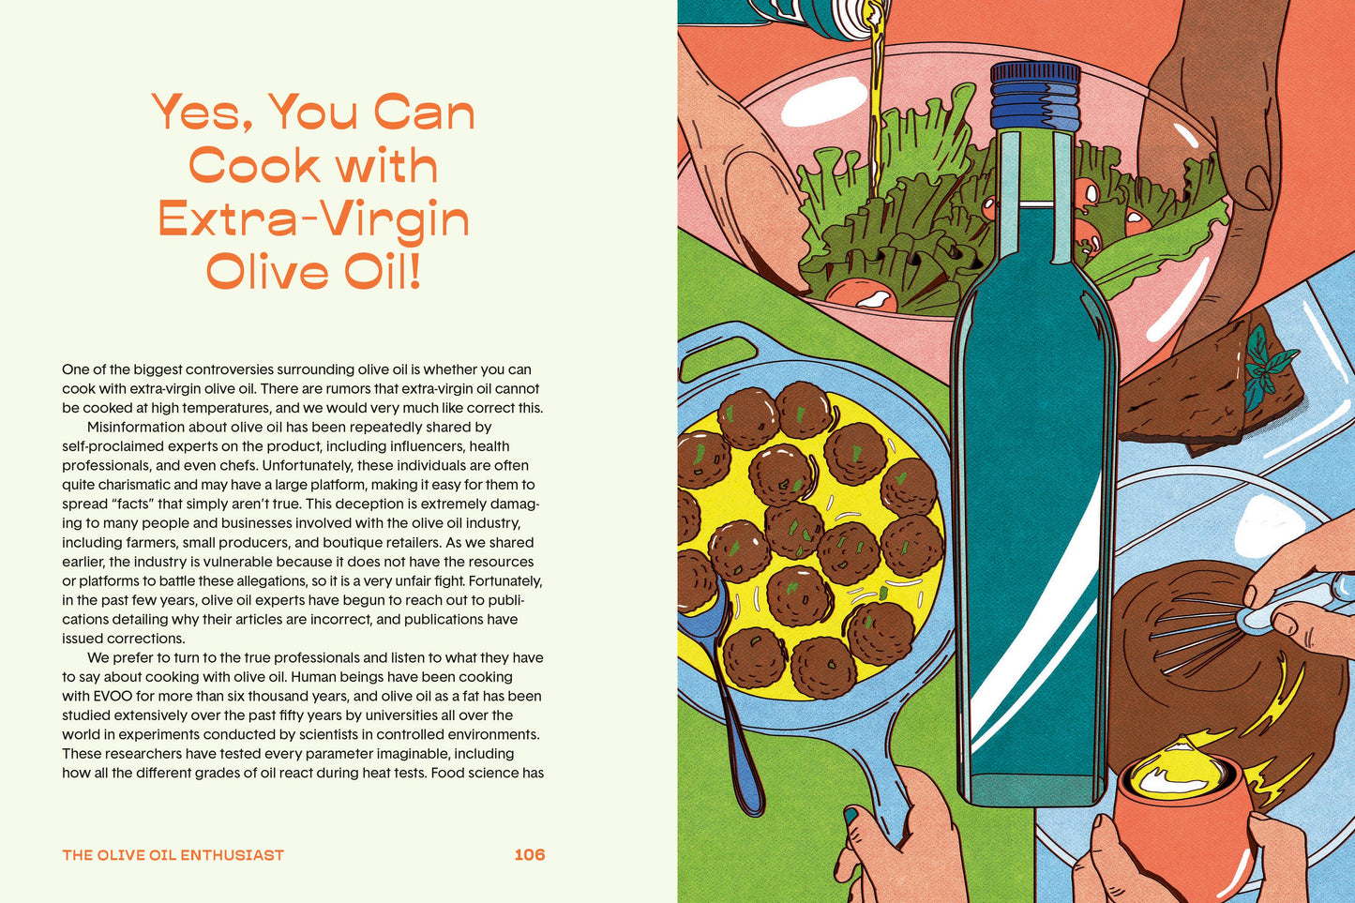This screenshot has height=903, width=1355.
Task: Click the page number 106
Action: pos(530,854)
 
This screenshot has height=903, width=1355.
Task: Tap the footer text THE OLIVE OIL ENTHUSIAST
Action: pos(173,855)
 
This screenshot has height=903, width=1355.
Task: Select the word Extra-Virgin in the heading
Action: pos(313,218)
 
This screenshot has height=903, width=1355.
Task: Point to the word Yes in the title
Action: pos(202,113)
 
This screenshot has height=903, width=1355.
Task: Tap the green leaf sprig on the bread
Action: pos(1269,366)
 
